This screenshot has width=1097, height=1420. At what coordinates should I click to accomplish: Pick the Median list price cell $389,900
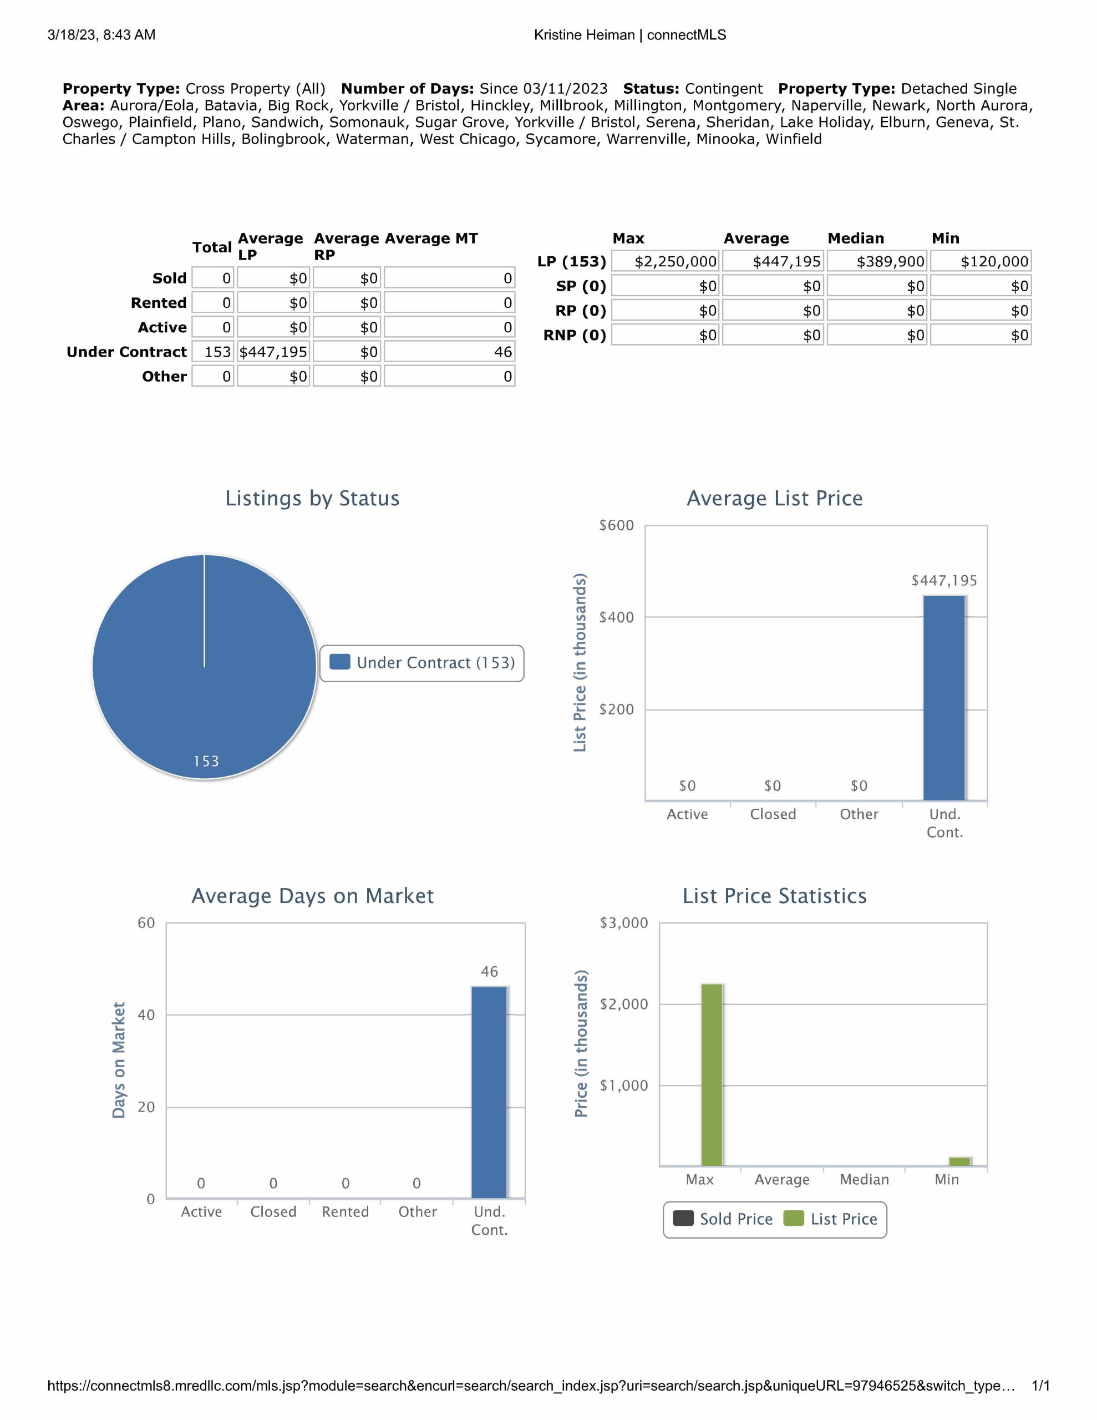pyautogui.click(x=877, y=261)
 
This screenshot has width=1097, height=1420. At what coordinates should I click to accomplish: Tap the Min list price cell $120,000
pyautogui.click(x=981, y=261)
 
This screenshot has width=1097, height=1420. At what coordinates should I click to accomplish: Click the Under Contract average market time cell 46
pyautogui.click(x=449, y=352)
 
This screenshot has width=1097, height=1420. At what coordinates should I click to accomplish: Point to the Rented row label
pyautogui.click(x=158, y=303)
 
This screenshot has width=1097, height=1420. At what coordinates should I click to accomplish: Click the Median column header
pyautogui.click(x=855, y=239)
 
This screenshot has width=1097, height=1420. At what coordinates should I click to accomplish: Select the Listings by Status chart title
pyautogui.click(x=312, y=498)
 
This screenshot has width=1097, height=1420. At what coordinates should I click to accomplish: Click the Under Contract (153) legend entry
pyautogui.click(x=423, y=662)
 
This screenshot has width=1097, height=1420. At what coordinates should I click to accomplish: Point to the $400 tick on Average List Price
pyautogui.click(x=616, y=617)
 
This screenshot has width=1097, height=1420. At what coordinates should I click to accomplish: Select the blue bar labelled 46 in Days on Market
pyautogui.click(x=489, y=1092)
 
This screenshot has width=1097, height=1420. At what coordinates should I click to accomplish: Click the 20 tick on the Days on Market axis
pyautogui.click(x=146, y=1107)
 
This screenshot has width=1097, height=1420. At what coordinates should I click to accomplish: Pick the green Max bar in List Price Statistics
pyautogui.click(x=712, y=1075)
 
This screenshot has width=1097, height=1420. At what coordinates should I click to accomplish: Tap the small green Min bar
pyautogui.click(x=959, y=1161)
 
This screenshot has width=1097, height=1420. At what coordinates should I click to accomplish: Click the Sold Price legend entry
pyautogui.click(x=723, y=1219)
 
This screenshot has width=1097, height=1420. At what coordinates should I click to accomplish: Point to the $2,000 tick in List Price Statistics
pyautogui.click(x=623, y=1004)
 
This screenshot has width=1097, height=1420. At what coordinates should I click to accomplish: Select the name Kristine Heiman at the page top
pyautogui.click(x=584, y=35)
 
